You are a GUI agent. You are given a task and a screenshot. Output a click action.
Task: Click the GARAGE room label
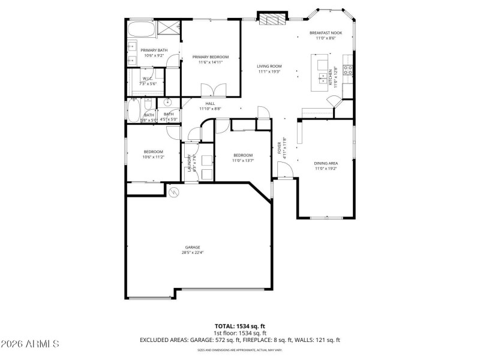point(192,247)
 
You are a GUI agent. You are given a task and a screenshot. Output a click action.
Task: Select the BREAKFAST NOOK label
point(326,33)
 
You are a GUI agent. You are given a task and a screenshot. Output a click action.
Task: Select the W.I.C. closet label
point(147,79)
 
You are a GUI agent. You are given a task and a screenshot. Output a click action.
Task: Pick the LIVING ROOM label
point(269,66)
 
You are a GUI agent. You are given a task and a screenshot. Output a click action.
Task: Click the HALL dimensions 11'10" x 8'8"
point(209,109)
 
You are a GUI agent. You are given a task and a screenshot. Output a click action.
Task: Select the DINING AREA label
point(326,163)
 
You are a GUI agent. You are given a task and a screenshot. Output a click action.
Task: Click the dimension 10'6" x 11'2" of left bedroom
point(153,157)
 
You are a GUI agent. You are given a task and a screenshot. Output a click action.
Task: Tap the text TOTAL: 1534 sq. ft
point(239,326)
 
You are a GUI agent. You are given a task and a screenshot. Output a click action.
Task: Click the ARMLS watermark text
point(30,344)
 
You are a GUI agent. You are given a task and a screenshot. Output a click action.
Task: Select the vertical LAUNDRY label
point(189,162)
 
